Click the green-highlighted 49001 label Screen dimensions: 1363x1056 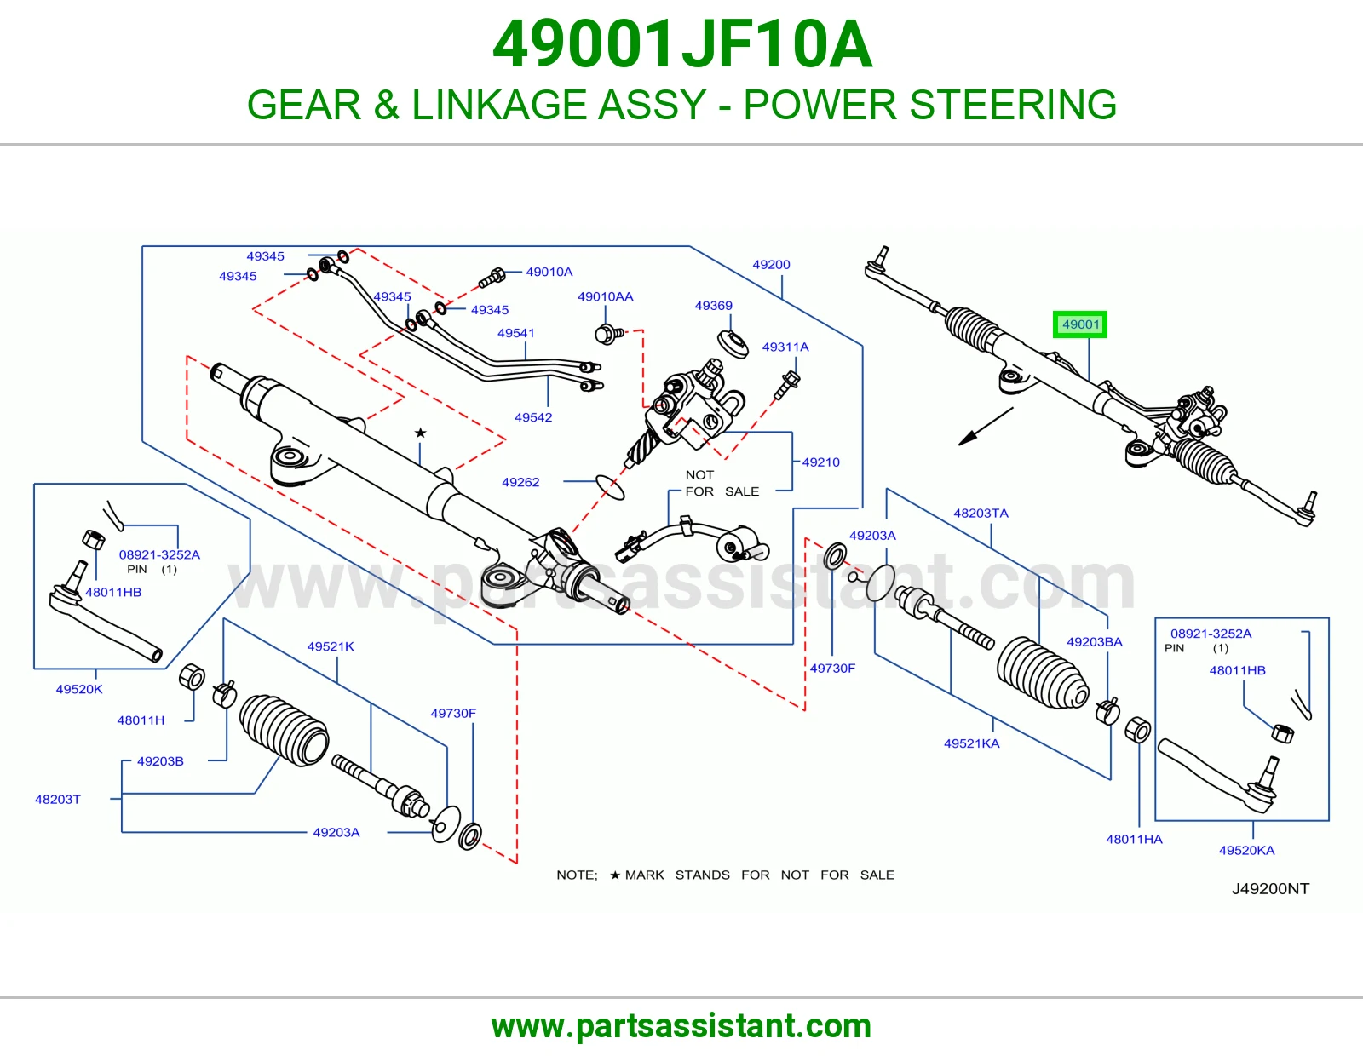[x=1080, y=324]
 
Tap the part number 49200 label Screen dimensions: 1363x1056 [x=771, y=265]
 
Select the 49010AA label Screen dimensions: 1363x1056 [x=606, y=296]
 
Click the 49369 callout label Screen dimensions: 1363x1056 [x=713, y=306]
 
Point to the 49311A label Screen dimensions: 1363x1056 [x=785, y=347]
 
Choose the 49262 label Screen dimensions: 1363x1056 [x=520, y=482]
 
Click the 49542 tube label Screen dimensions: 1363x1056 [x=533, y=417]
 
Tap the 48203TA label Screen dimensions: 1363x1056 [x=981, y=513]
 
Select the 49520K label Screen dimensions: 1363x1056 [x=79, y=689]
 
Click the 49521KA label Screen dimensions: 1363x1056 [x=972, y=743]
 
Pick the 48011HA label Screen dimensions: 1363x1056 [x=1134, y=839]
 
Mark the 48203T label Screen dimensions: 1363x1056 [x=58, y=800]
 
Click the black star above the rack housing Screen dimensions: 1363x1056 [x=420, y=433]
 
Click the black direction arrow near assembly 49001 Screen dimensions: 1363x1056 [x=986, y=427]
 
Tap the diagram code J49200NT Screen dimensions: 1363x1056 [x=1270, y=888]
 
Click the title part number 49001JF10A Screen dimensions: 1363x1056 [x=681, y=44]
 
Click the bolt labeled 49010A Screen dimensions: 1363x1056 [x=492, y=278]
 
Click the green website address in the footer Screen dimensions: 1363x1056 [x=681, y=1026]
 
